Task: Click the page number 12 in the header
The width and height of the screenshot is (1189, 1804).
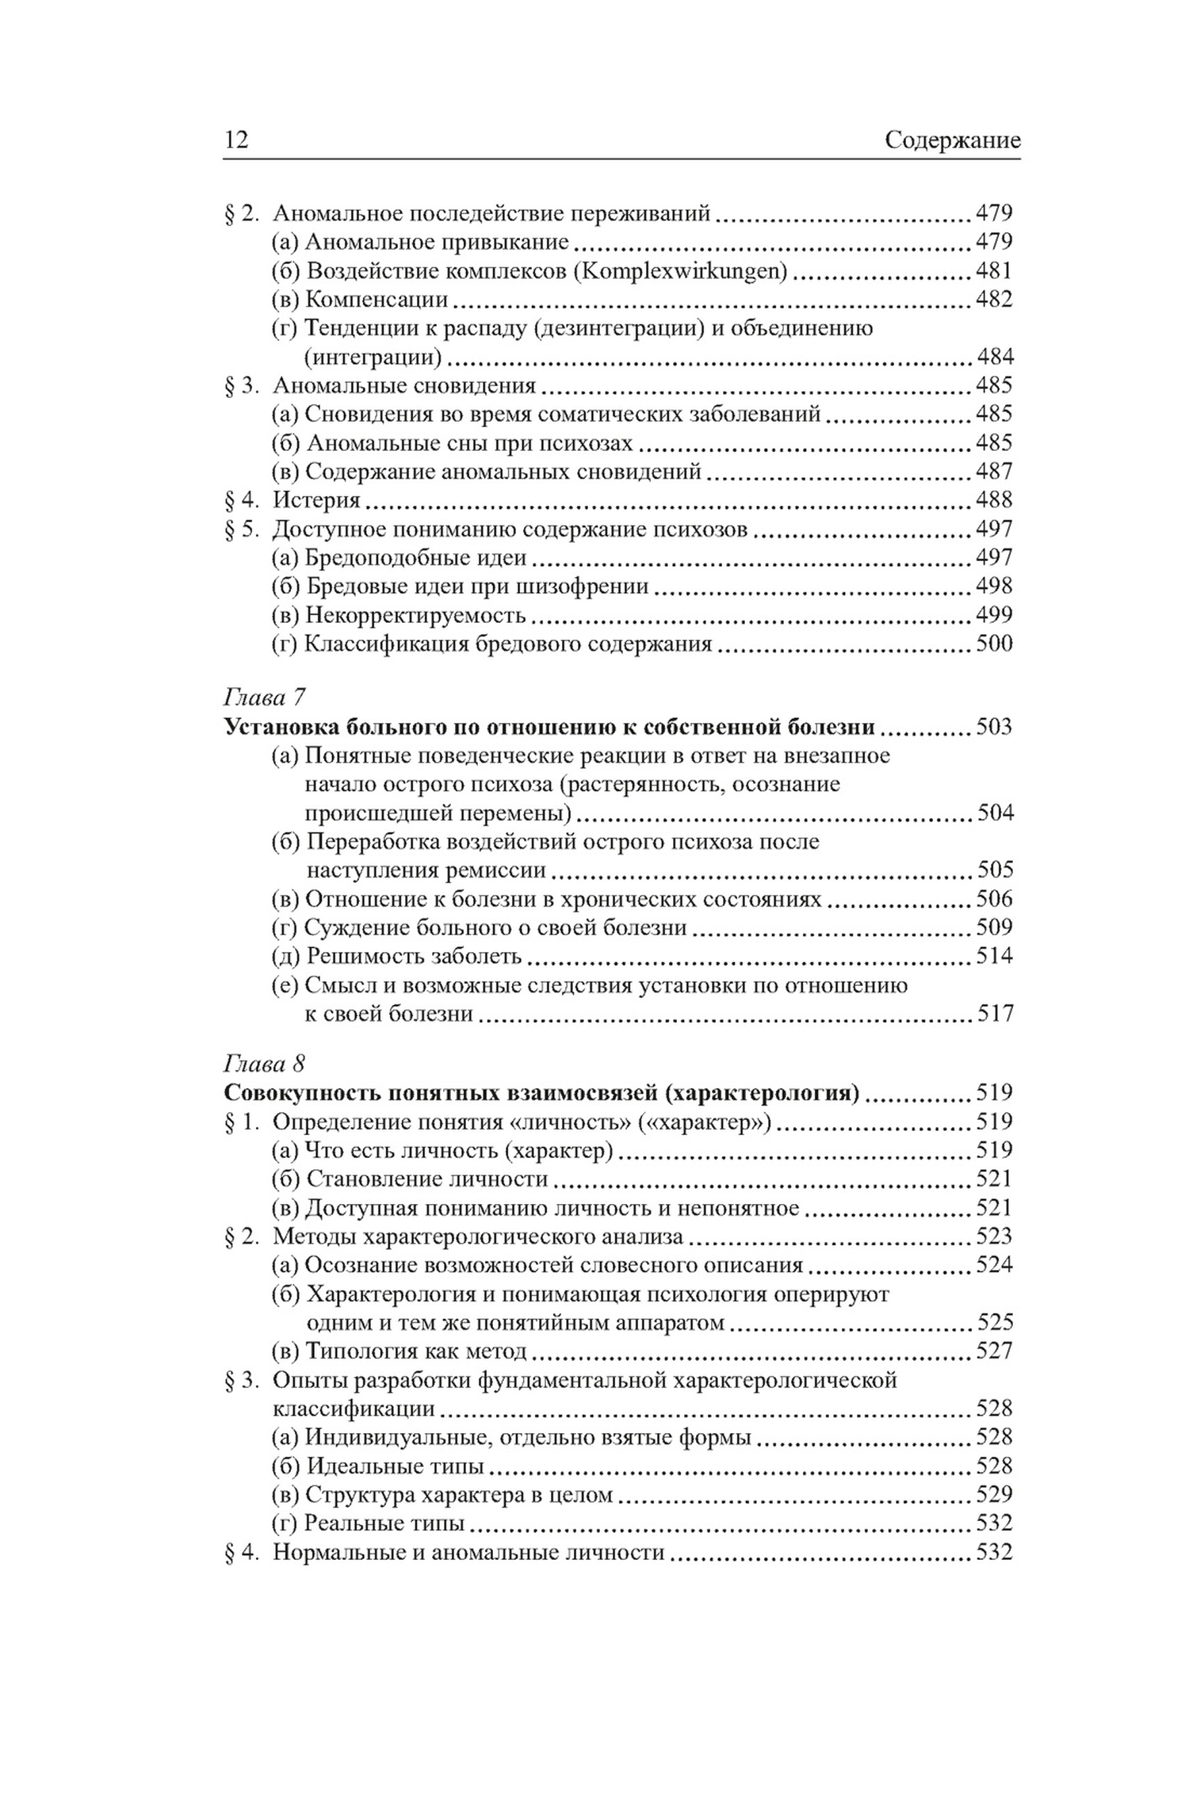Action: coord(237,140)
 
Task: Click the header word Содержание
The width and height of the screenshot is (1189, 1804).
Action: coord(952,140)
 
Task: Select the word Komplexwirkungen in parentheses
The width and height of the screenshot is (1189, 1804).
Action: coord(679,271)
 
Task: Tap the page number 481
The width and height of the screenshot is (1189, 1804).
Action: coord(994,270)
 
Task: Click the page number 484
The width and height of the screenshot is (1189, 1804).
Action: coord(994,357)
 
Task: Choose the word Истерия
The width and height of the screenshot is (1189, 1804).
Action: coord(316,500)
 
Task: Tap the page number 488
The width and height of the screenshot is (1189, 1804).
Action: coord(994,499)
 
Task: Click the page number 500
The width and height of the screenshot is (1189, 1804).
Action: coord(994,643)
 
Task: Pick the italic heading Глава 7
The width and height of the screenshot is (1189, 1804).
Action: coord(265,698)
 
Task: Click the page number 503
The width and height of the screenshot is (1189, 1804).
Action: coord(994,727)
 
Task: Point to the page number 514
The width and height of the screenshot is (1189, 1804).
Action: coord(994,956)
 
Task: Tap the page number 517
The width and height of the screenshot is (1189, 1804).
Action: coord(994,1014)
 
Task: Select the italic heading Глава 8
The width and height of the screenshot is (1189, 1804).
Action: coord(265,1063)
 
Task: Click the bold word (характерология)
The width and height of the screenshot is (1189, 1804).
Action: coord(761,1093)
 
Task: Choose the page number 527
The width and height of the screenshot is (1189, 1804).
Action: coord(994,1351)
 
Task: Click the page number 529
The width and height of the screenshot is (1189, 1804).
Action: coord(994,1494)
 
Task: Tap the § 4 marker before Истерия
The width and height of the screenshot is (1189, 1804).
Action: coord(242,500)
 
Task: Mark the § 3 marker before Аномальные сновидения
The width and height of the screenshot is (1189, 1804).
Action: coord(242,386)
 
